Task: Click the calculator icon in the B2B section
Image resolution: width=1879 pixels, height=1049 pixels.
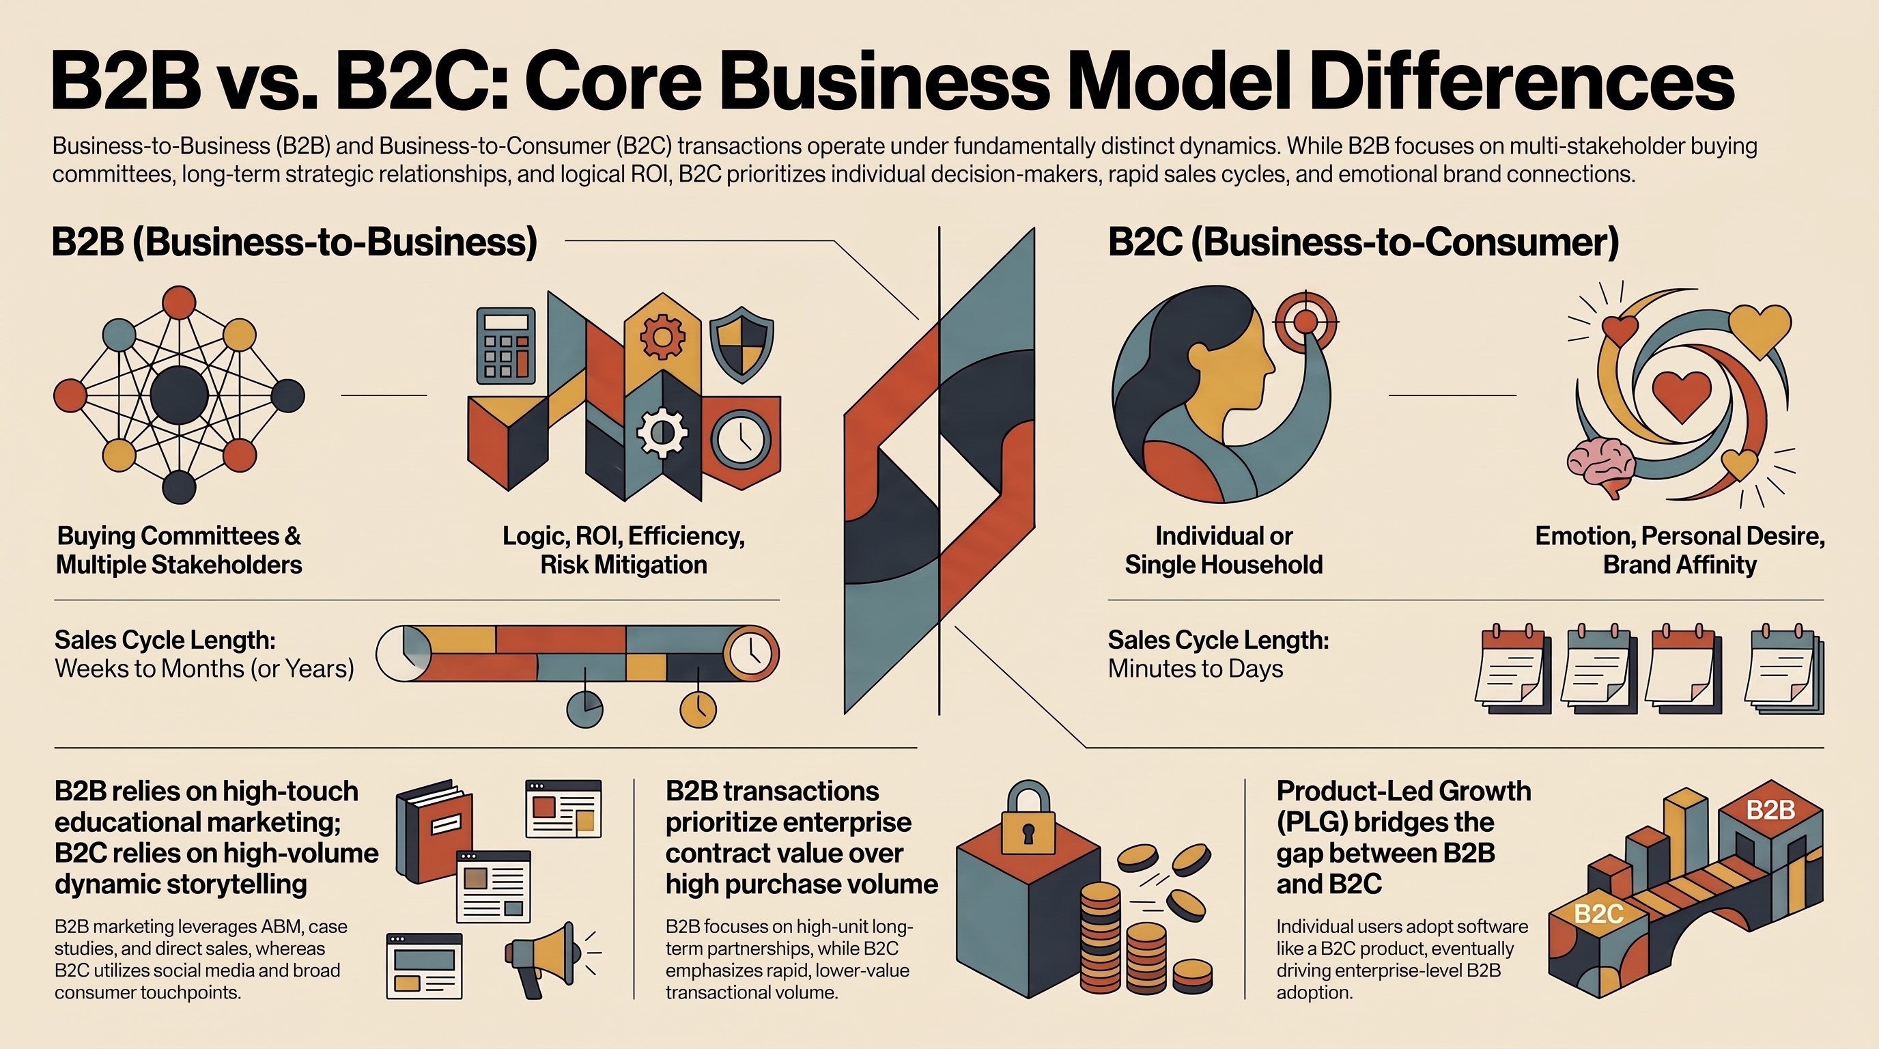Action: click(505, 346)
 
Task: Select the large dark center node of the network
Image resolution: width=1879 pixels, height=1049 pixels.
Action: click(179, 396)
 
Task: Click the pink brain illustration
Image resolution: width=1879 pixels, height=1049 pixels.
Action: click(1602, 466)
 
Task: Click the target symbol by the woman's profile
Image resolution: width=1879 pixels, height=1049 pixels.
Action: click(1305, 322)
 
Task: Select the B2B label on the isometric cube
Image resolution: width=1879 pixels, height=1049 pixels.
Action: click(1770, 810)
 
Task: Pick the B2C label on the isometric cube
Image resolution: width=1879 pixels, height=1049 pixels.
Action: click(1598, 914)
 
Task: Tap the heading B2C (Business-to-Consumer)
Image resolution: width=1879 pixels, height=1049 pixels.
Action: click(1364, 242)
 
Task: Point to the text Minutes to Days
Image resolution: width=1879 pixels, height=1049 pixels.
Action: click(1195, 669)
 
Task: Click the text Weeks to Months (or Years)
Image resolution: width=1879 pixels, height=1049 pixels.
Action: click(204, 669)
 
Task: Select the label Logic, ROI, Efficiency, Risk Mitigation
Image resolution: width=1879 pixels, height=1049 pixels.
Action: click(623, 550)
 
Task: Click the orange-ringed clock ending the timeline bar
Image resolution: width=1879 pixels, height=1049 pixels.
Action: click(750, 653)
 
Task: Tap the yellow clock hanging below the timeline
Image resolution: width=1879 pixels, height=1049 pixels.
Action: click(698, 708)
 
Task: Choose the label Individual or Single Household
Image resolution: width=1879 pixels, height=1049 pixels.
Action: click(1224, 550)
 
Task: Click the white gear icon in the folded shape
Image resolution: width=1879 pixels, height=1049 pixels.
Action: click(662, 432)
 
